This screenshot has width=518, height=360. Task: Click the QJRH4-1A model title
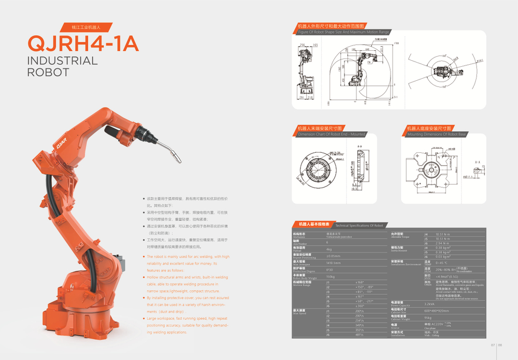coord(83,43)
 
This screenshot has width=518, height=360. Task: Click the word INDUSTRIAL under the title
coord(62,61)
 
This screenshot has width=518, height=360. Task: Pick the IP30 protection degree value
coord(330,269)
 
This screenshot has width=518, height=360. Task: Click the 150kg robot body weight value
coord(330,277)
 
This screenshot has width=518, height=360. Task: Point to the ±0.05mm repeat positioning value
coord(333,256)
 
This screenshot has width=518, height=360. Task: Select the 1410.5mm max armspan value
coord(333,263)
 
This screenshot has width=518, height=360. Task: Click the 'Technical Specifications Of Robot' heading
coord(359,226)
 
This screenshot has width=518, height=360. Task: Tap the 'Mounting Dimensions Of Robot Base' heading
coord(437,134)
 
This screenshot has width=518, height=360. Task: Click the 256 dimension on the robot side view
coord(303,46)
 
